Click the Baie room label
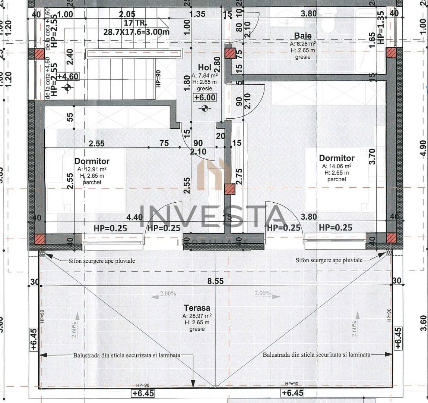[302, 36]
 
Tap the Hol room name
[205, 68]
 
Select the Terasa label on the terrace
[197, 308]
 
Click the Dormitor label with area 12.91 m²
[92, 161]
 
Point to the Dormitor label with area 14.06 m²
[337, 158]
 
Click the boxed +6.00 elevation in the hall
[205, 97]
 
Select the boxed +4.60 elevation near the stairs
[67, 77]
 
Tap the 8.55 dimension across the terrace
[215, 281]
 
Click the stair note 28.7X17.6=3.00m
[136, 32]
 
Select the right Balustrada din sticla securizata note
[316, 355]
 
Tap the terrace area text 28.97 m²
[197, 316]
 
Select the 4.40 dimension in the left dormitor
[134, 217]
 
